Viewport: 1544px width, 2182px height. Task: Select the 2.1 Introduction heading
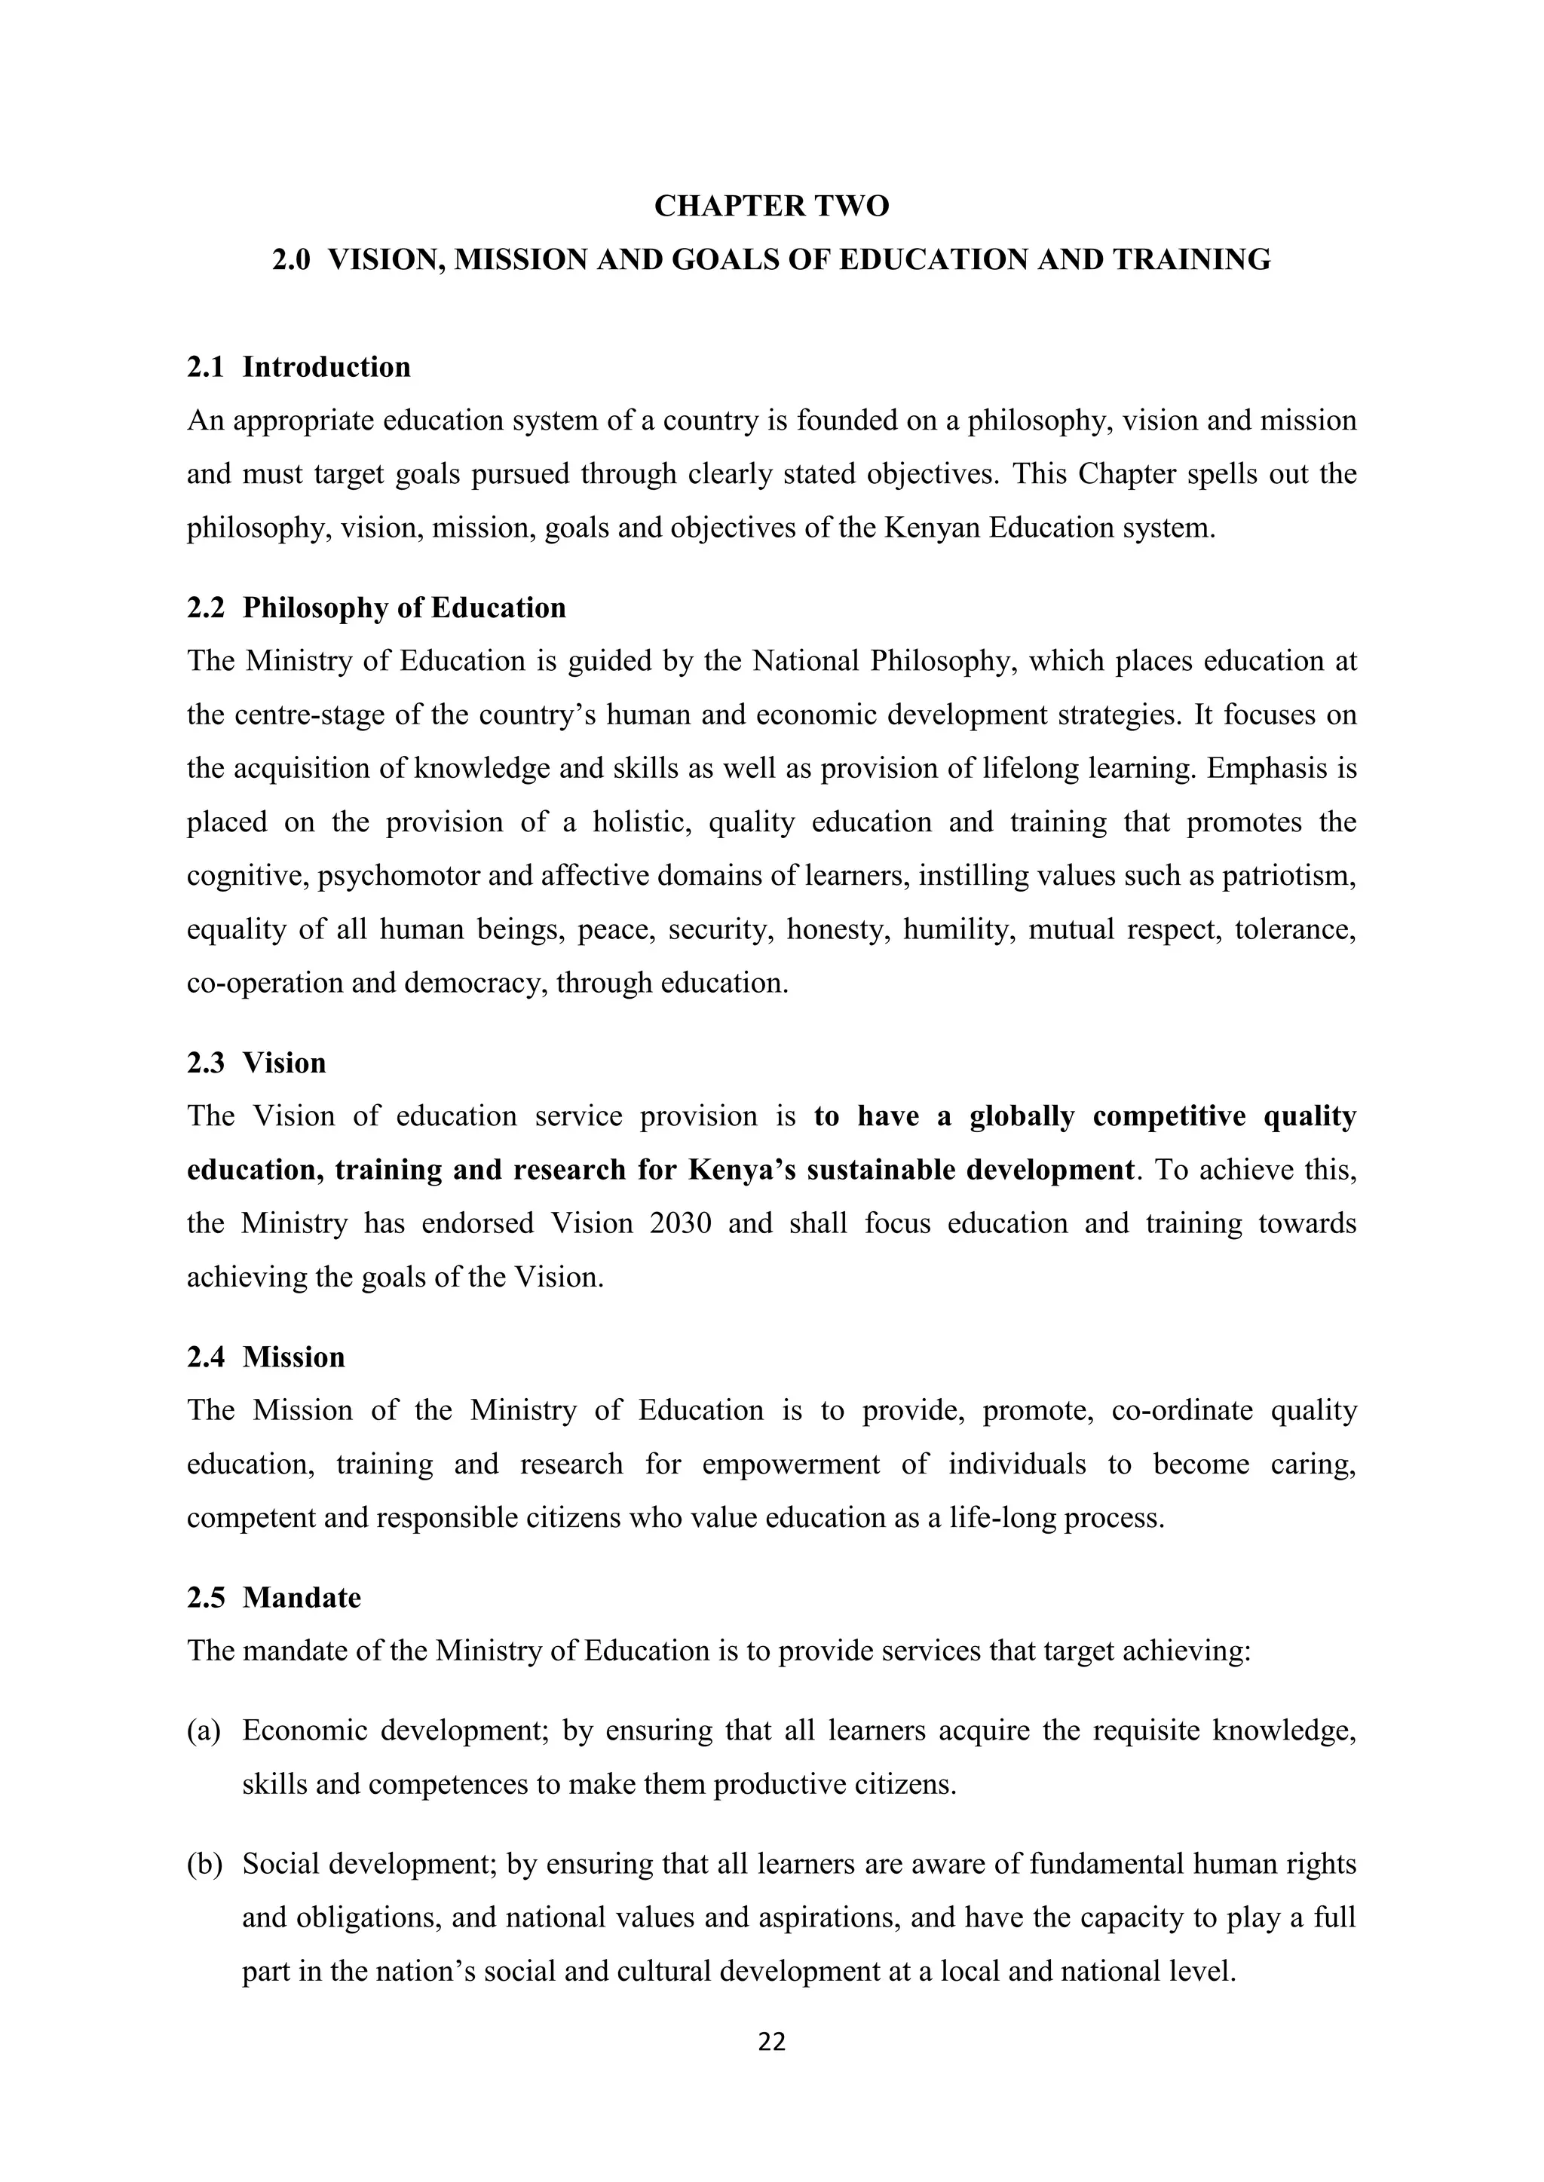(x=299, y=367)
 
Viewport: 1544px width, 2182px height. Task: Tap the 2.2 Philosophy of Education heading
(x=375, y=607)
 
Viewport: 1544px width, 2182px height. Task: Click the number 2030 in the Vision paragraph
(x=681, y=1223)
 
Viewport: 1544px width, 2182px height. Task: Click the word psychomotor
(x=398, y=875)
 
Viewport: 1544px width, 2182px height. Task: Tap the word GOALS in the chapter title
(x=725, y=259)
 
